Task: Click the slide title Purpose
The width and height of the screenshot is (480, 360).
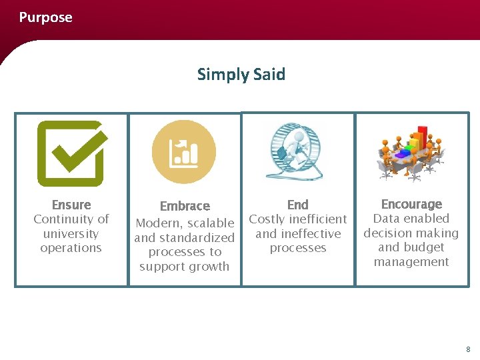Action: tap(45, 17)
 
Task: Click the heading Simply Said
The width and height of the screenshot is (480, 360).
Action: tap(241, 74)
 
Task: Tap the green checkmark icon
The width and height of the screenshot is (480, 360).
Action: tap(71, 153)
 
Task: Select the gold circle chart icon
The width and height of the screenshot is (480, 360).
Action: tap(184, 152)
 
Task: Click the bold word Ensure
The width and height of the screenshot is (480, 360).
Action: tap(71, 205)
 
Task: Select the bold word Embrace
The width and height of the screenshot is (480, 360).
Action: tap(185, 206)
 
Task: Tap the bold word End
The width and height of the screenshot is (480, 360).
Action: tap(297, 205)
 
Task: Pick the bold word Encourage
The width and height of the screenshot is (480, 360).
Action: tap(411, 204)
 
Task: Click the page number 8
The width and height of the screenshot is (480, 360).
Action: tap(468, 349)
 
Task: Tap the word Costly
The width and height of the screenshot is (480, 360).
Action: tap(268, 219)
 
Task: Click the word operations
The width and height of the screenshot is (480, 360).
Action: tap(71, 248)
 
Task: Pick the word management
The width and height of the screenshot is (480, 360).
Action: tap(411, 262)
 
